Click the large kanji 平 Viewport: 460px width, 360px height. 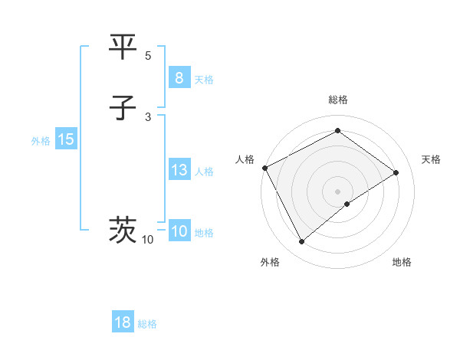pos(123,47)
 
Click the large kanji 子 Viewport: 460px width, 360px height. pos(123,109)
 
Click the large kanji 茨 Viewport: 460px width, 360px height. pos(123,229)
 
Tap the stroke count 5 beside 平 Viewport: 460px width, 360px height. pos(148,56)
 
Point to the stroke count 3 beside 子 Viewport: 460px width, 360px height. pos(148,117)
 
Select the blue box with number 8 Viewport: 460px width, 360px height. pos(179,78)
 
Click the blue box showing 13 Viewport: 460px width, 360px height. pos(179,170)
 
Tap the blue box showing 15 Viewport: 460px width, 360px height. pos(66,139)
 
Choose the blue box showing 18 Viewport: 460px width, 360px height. pos(123,322)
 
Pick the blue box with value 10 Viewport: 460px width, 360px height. pos(179,231)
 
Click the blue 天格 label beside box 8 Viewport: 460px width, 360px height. pos(204,80)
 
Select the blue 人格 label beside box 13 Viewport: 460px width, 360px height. pos(204,172)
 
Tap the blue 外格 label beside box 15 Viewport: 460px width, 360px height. pos(41,141)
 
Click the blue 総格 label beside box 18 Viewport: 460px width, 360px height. pos(147,324)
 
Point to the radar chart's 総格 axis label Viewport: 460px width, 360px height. pos(338,100)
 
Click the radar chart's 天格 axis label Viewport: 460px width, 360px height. pos(431,159)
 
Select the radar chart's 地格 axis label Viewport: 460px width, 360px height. pos(402,262)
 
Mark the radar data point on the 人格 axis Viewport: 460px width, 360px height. pos(264,168)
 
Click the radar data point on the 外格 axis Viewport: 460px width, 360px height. pos(302,242)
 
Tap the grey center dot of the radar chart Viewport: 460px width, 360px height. pos(338,191)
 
